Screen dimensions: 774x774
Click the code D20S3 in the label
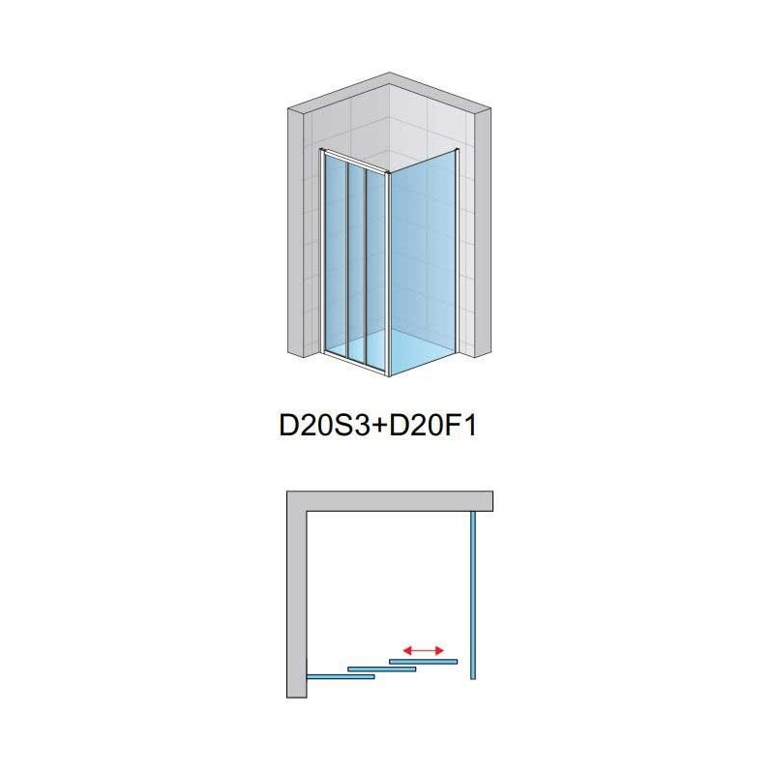click(324, 426)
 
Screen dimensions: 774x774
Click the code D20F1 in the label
click(433, 426)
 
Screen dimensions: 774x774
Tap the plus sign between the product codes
click(379, 427)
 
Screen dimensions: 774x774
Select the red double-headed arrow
click(424, 650)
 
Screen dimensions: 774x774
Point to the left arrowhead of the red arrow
click(407, 650)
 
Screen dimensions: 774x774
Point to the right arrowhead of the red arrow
click(439, 650)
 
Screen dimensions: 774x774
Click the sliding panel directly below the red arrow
click(423, 662)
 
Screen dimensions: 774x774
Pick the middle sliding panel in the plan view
click(381, 670)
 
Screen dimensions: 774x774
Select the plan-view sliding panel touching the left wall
click(341, 676)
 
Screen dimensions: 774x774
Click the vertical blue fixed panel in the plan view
click(473, 595)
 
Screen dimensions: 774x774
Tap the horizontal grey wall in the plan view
click(390, 501)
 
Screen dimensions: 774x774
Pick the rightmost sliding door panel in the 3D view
click(376, 267)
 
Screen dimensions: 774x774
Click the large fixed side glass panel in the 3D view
click(423, 261)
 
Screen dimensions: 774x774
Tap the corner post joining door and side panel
click(389, 274)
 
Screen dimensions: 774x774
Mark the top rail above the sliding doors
click(355, 161)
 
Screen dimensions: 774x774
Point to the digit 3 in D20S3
click(361, 426)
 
